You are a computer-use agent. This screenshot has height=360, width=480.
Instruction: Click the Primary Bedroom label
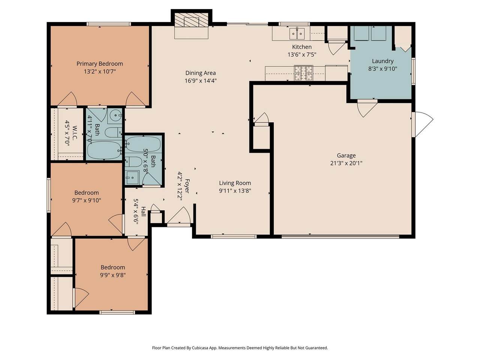point(100,64)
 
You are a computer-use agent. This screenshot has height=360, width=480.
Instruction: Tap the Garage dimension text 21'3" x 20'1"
point(346,163)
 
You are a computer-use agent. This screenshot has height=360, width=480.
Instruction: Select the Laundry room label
point(383,61)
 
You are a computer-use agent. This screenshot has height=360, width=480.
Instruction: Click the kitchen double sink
point(297,33)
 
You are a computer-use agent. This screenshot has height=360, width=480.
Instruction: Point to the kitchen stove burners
point(303,73)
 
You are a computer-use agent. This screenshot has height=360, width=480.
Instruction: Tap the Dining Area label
point(201,73)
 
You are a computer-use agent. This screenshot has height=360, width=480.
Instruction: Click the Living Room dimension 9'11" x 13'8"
point(235,190)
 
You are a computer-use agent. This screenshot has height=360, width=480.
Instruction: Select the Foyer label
point(187,186)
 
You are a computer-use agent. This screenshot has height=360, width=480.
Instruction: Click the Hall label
point(143,211)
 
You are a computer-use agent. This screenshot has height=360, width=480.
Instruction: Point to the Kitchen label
point(302,47)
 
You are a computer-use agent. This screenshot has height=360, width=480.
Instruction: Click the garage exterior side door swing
point(423,124)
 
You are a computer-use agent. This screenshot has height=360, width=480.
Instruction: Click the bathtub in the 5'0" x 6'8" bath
point(144,144)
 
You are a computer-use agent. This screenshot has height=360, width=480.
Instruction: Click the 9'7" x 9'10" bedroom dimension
point(87,200)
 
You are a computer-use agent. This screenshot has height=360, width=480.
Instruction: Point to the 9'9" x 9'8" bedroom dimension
point(113,275)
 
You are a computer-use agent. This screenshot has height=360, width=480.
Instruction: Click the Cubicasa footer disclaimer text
point(240,348)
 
